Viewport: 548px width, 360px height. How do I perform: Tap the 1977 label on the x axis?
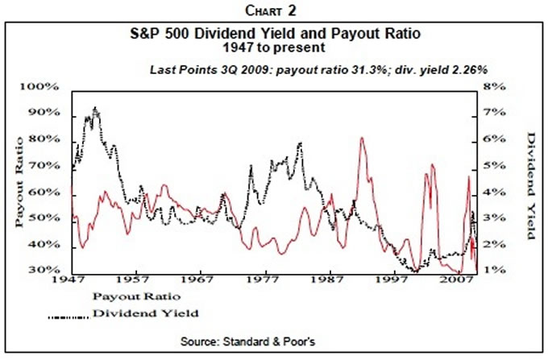[x=263, y=283]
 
